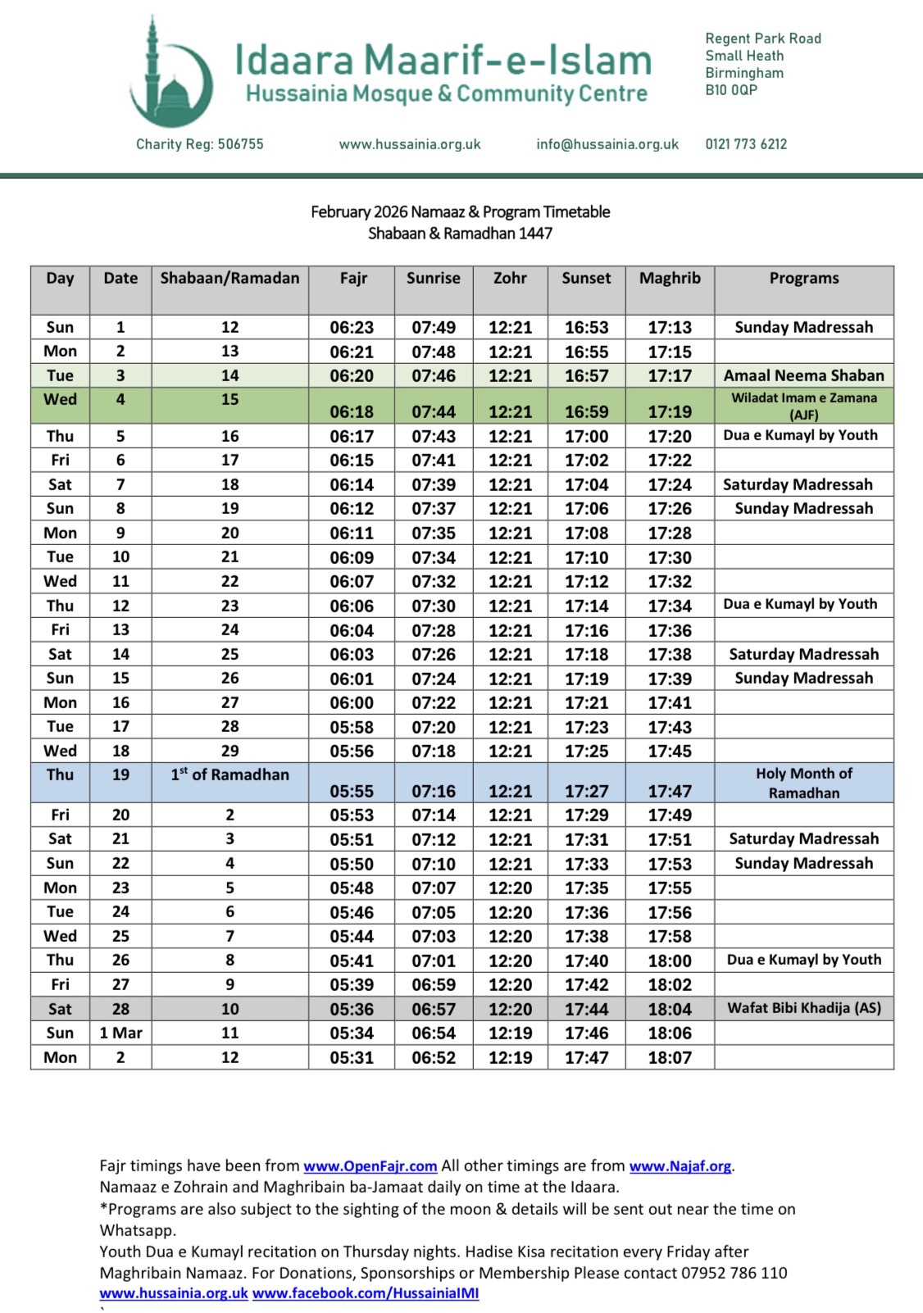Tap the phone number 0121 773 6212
coord(746,144)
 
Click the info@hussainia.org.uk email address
coord(607,144)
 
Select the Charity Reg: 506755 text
coord(200,144)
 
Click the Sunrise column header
coord(433,279)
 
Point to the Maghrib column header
coord(670,279)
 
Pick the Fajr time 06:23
coord(352,328)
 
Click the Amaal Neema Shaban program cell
coord(803,376)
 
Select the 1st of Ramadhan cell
coord(230,775)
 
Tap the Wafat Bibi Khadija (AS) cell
coord(803,1008)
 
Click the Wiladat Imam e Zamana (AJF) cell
coord(803,406)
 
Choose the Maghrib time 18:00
coord(670,961)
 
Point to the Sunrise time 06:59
coord(433,985)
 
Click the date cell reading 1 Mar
coord(120,1033)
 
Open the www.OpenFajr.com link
coord(370,1166)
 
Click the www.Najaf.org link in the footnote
coord(680,1166)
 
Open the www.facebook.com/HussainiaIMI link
coord(366,1293)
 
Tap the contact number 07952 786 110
coord(734,1273)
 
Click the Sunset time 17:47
coord(586,1058)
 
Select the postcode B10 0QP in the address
coord(731,90)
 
